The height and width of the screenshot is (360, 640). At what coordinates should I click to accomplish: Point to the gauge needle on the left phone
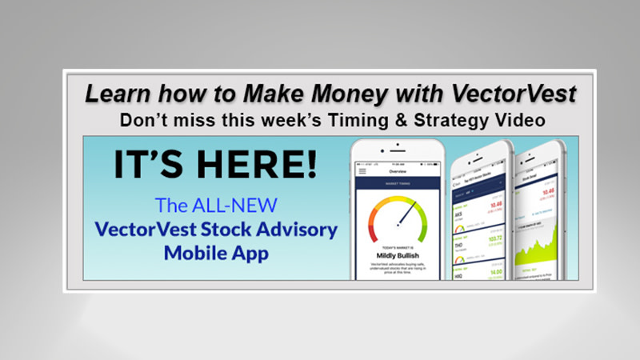click(x=408, y=214)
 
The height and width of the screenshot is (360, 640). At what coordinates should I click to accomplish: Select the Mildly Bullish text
click(x=398, y=254)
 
